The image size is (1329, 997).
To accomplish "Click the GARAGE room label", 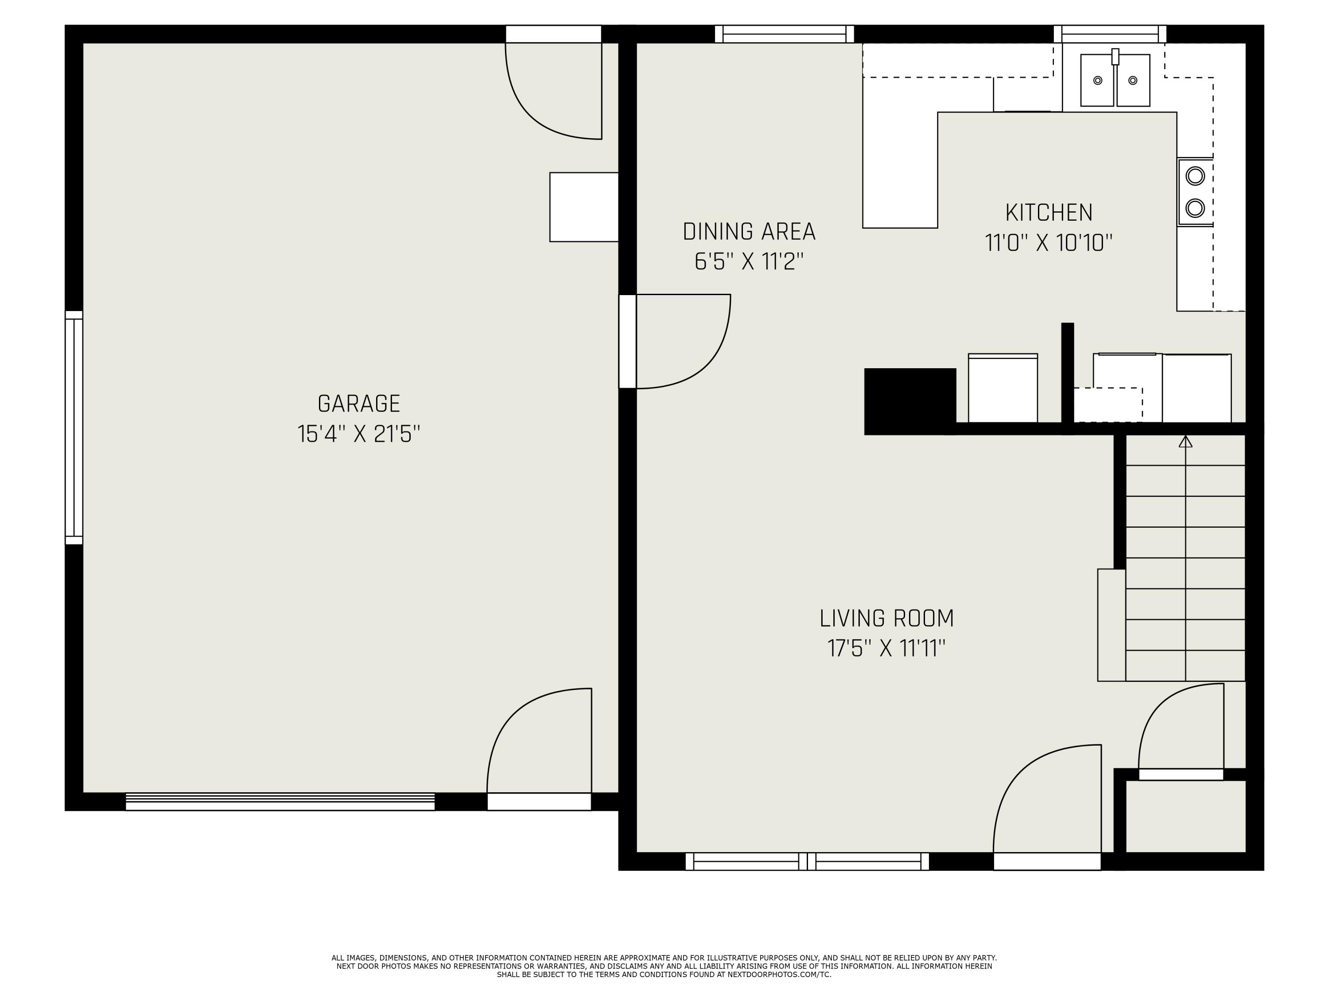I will pyautogui.click(x=359, y=403).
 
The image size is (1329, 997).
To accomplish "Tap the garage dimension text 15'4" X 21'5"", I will pyautogui.click(x=359, y=434).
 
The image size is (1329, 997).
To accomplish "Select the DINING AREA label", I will pyautogui.click(x=749, y=231).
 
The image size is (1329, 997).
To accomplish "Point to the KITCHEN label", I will pyautogui.click(x=1049, y=212).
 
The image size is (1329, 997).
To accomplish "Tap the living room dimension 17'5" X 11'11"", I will pyautogui.click(x=886, y=648).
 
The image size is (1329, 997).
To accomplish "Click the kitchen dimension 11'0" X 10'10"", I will pyautogui.click(x=1049, y=243).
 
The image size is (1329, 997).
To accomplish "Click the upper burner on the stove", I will pyautogui.click(x=1195, y=176).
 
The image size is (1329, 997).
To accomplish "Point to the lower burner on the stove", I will pyautogui.click(x=1195, y=208).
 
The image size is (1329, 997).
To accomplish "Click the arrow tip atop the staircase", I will pyautogui.click(x=1185, y=441).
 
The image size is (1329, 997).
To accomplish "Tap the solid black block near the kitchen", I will pyautogui.click(x=909, y=401).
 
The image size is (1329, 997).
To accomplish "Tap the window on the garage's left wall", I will pyautogui.click(x=74, y=427).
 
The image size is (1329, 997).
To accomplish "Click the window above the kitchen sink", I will pyautogui.click(x=1110, y=34).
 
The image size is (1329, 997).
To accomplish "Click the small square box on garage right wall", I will pyautogui.click(x=583, y=207).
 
